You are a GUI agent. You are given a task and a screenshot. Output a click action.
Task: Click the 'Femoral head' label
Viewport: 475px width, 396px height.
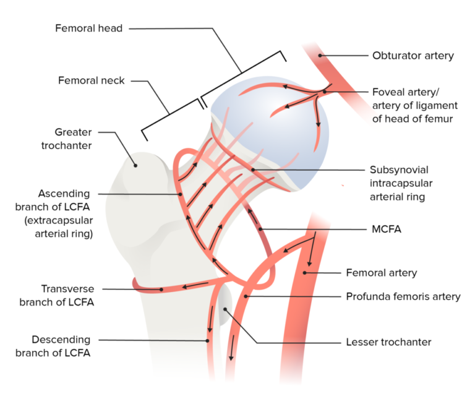coord(89,28)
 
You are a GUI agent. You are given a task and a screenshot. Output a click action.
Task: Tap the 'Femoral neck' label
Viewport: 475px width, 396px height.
coord(92,80)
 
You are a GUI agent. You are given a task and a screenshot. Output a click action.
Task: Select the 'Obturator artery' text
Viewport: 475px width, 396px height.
coord(413,56)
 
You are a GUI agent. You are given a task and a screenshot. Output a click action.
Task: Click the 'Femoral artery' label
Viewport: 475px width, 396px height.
coord(381,272)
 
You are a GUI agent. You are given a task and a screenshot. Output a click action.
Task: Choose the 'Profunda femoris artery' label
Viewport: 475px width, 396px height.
coord(403,296)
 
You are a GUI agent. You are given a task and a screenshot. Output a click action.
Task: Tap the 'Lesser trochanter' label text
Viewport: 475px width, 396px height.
coord(388,342)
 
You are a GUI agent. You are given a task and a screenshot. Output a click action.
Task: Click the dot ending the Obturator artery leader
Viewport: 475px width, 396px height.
coord(320,56)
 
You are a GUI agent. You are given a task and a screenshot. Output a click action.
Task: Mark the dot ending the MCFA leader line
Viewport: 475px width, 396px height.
coord(262,230)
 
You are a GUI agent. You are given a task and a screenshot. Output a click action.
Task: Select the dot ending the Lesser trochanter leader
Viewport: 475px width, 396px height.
coord(225,308)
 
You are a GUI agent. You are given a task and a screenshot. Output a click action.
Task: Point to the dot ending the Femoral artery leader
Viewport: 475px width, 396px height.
coord(306,272)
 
